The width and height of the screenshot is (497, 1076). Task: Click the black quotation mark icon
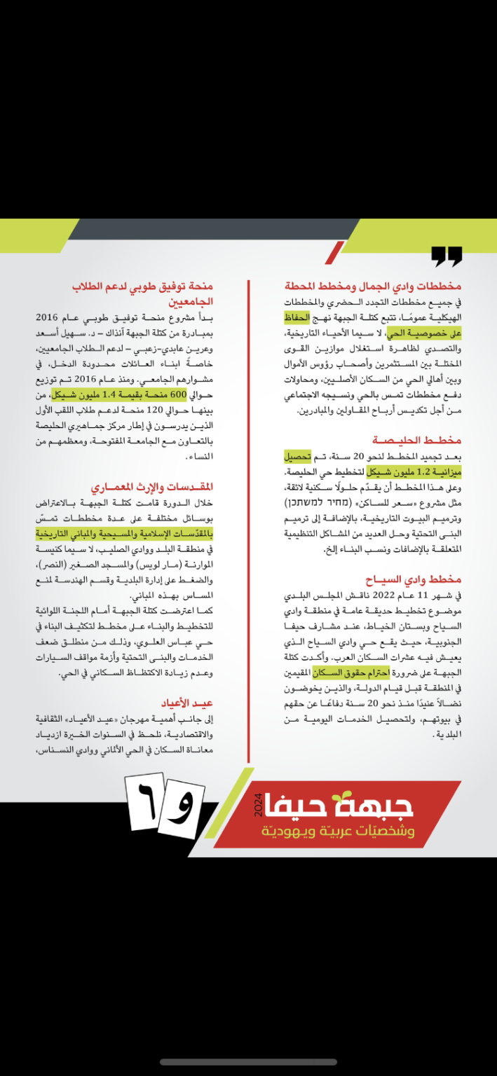point(446,256)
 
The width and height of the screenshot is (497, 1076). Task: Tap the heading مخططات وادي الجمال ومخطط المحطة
point(373,287)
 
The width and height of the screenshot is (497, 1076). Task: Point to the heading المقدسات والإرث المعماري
point(151,486)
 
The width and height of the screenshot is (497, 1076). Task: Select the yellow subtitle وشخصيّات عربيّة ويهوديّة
point(338,832)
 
